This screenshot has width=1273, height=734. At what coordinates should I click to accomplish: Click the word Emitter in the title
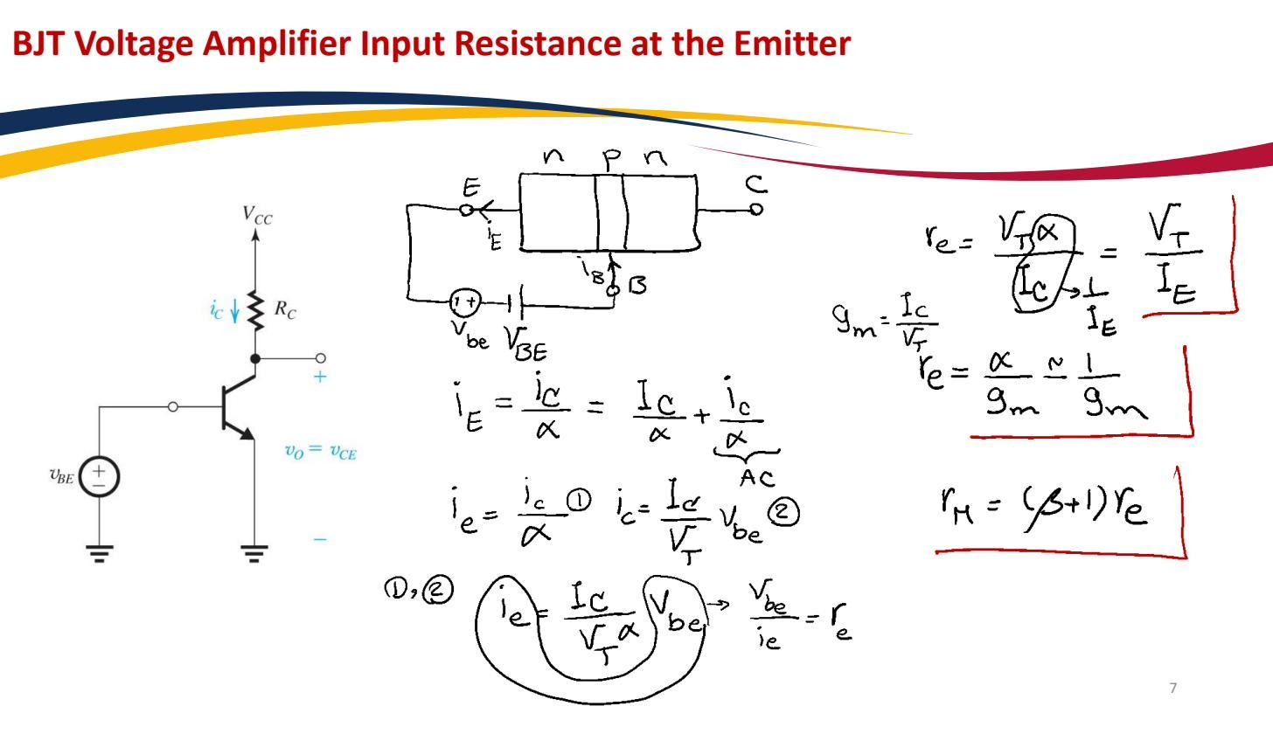pyautogui.click(x=791, y=44)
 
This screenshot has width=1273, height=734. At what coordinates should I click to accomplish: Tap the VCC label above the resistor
pyautogui.click(x=257, y=214)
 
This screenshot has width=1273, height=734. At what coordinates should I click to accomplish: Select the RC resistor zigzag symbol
pyautogui.click(x=255, y=311)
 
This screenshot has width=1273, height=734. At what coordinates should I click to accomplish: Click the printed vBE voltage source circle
pyautogui.click(x=99, y=476)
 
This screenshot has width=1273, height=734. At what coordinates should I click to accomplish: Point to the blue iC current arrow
pyautogui.click(x=234, y=312)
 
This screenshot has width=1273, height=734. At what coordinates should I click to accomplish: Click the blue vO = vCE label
pyautogui.click(x=321, y=452)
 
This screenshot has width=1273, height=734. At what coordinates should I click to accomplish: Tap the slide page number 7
pyautogui.click(x=1173, y=688)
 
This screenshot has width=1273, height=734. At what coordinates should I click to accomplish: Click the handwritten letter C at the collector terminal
pyautogui.click(x=756, y=184)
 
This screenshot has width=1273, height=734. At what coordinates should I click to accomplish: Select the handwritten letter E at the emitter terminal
pyautogui.click(x=471, y=187)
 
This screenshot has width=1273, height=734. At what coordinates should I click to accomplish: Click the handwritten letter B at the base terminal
pyautogui.click(x=637, y=285)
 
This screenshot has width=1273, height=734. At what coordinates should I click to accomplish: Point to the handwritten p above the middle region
pyautogui.click(x=611, y=159)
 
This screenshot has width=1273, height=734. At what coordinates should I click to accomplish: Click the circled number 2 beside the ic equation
pyautogui.click(x=783, y=513)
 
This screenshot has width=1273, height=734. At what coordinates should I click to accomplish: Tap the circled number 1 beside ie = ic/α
pyautogui.click(x=579, y=501)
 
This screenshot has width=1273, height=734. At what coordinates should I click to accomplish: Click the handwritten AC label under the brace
pyautogui.click(x=757, y=478)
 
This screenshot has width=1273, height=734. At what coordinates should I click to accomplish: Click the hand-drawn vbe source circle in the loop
pyautogui.click(x=465, y=303)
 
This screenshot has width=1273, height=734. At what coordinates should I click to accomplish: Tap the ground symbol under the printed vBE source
pyautogui.click(x=100, y=553)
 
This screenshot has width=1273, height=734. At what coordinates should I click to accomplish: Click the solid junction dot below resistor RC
pyautogui.click(x=255, y=358)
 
